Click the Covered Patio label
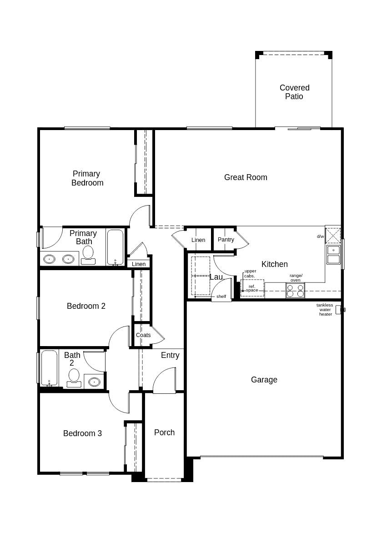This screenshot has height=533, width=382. [294, 92]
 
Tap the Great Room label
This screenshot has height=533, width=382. [246, 177]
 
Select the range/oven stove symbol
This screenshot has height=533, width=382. [295, 291]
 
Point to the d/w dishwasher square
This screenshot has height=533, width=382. [333, 235]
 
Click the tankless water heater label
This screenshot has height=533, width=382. [325, 310]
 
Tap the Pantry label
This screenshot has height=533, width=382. [226, 240]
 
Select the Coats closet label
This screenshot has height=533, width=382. [143, 335]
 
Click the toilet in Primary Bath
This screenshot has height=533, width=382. [88, 255]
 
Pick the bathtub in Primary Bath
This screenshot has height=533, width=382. [116, 247]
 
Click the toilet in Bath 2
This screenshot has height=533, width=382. [74, 377]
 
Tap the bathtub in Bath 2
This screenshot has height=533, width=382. [49, 367]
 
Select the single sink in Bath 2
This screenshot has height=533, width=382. [94, 382]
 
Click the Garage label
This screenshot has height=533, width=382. [264, 380]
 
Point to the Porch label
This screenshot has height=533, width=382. [164, 432]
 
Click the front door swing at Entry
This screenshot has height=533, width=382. [165, 381]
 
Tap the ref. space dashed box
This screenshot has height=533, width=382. [252, 288]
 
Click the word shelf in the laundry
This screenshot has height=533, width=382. [221, 297]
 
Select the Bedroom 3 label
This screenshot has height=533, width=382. [82, 433]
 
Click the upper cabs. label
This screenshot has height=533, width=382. [250, 273]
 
